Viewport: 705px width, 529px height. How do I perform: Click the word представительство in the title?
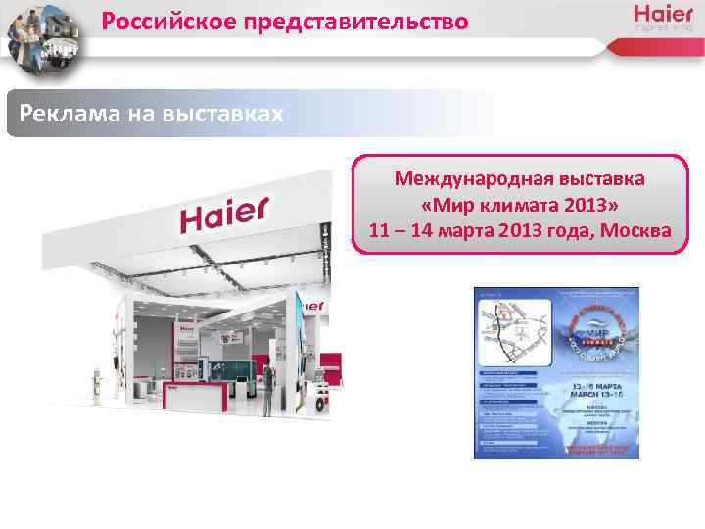(361, 21)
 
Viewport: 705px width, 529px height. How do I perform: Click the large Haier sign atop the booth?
(223, 215)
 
